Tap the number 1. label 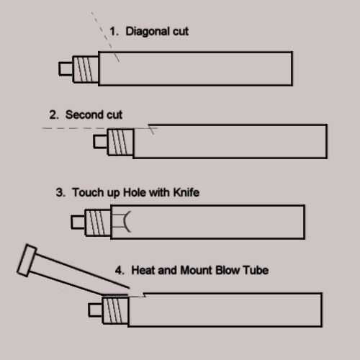(x=114, y=32)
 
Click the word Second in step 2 (x=84, y=114)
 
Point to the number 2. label (x=54, y=114)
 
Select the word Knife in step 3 (x=186, y=192)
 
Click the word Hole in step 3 (x=134, y=192)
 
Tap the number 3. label (x=60, y=192)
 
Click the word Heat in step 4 (x=143, y=270)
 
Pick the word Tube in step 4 (x=256, y=270)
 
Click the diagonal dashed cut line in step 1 (x=105, y=37)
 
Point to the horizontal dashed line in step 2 (x=99, y=128)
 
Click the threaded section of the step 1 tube (x=86, y=69)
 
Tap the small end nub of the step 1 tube (x=66, y=68)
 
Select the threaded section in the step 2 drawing (x=120, y=142)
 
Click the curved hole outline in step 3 (x=127, y=222)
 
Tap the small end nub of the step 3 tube (x=78, y=222)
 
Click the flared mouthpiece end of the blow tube (x=27, y=261)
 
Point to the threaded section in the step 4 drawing (x=115, y=310)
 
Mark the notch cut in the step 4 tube (x=137, y=295)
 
